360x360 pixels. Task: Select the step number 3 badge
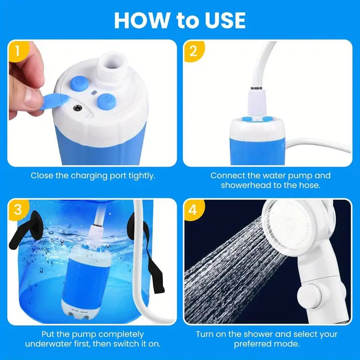[x=17, y=209]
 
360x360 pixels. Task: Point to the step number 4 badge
[x=193, y=209]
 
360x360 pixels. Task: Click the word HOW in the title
[x=139, y=20]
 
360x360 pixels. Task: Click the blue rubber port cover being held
[x=54, y=100]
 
